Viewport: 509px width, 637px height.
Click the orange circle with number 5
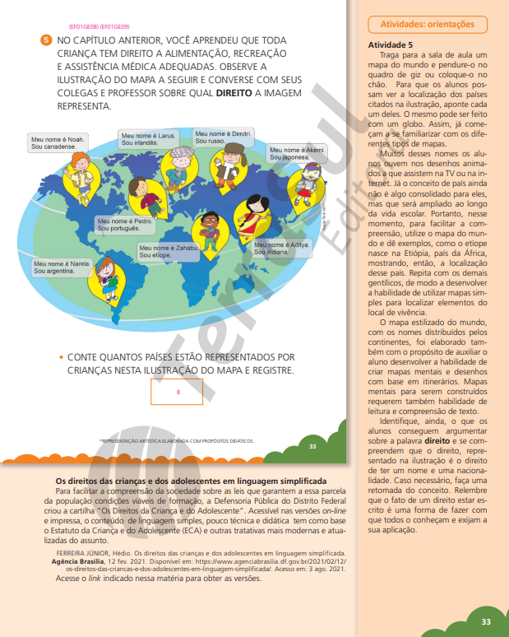[45, 40]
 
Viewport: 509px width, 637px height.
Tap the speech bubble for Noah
[58, 142]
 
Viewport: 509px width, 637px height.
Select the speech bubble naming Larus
[148, 138]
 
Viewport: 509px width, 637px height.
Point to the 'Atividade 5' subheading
[391, 44]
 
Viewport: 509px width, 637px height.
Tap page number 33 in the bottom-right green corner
[486, 621]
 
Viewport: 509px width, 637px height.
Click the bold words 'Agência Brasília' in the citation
[78, 560]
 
